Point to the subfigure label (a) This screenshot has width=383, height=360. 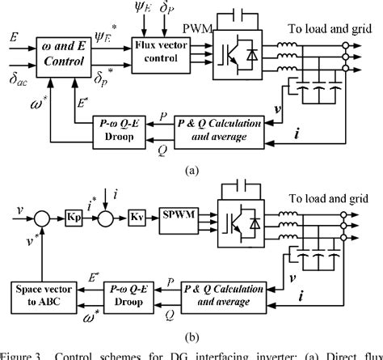[x=192, y=171]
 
